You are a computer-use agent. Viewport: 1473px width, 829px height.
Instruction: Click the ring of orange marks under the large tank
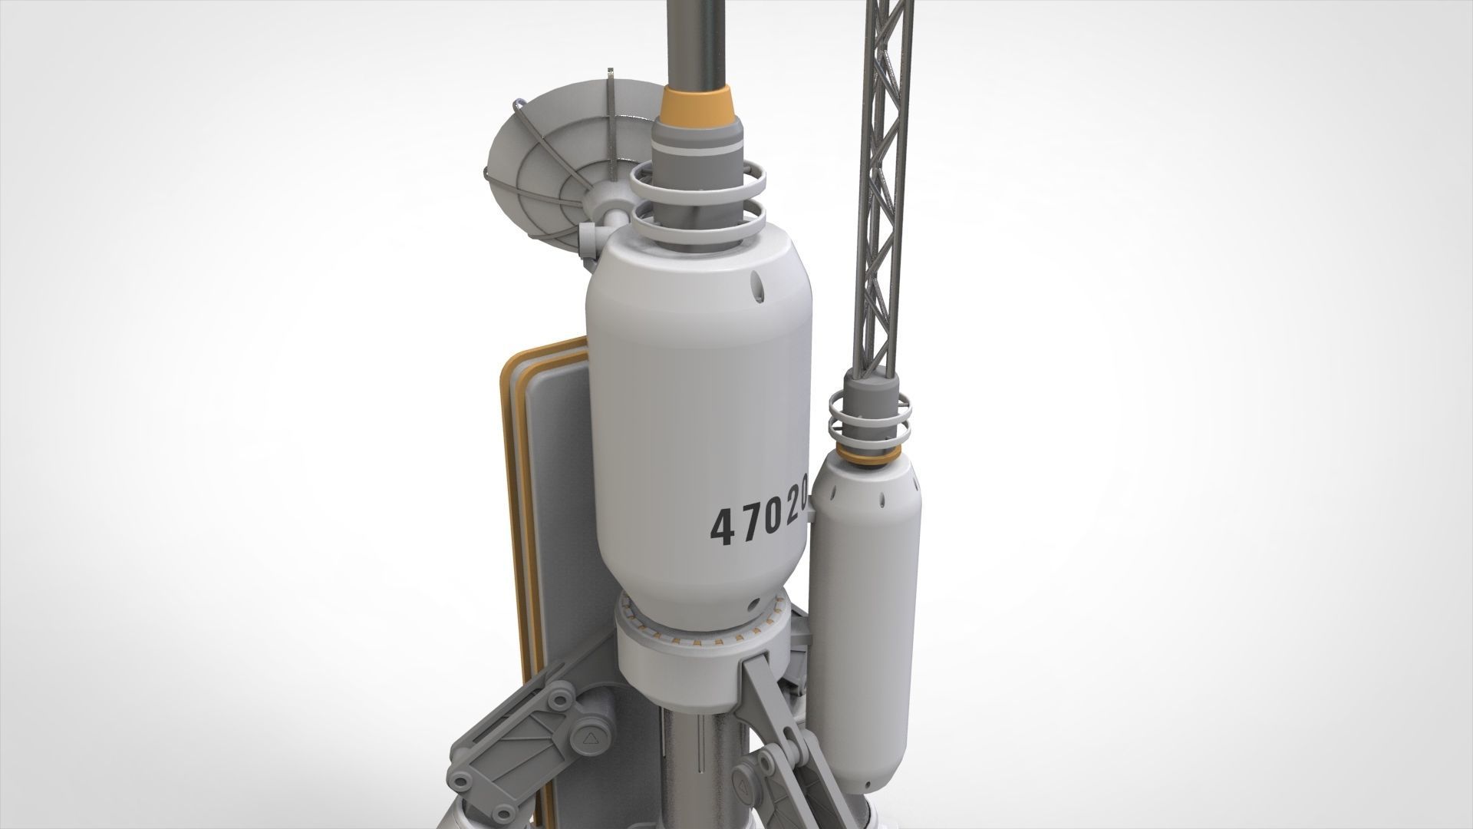(x=702, y=622)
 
